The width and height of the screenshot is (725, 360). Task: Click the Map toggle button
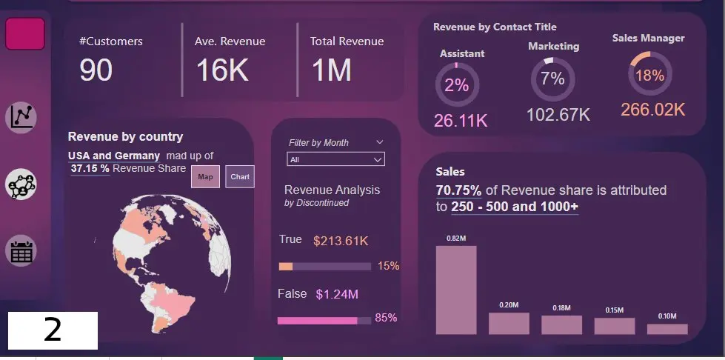(x=205, y=176)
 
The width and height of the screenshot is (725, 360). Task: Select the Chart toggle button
(x=240, y=176)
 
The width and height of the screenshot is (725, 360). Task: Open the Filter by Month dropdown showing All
(x=335, y=159)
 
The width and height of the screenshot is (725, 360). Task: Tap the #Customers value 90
(x=96, y=70)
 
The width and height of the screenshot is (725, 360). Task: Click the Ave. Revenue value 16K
(x=222, y=70)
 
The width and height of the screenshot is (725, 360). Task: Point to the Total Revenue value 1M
(x=331, y=70)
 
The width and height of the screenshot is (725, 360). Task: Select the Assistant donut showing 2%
(x=457, y=85)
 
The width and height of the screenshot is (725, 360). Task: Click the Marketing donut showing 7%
(x=552, y=79)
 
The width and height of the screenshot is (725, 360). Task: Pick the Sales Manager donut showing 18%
(x=649, y=75)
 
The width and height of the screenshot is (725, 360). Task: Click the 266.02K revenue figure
(x=653, y=110)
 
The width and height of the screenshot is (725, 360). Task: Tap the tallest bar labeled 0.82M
(x=456, y=290)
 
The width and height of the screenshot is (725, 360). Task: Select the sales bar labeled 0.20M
(x=509, y=323)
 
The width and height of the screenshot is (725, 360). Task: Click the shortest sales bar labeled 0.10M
(x=667, y=328)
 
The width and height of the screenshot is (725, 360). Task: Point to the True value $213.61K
(x=341, y=241)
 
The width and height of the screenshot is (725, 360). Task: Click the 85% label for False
(x=387, y=318)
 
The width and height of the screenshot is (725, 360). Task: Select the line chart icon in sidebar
(x=21, y=116)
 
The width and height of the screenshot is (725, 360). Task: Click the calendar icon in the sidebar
(x=21, y=251)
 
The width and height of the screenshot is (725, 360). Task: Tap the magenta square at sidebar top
(x=25, y=33)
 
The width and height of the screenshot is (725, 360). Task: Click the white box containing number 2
(x=53, y=330)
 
